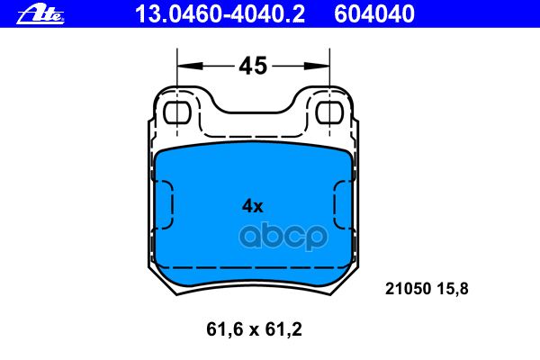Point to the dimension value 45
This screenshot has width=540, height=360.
tap(253, 66)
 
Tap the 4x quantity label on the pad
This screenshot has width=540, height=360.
tap(252, 205)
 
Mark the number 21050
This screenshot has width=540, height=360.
tap(405, 289)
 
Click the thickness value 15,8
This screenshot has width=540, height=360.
tap(453, 289)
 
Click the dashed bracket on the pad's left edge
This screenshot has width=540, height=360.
tap(166, 204)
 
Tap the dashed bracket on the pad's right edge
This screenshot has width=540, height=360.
tap(341, 204)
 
